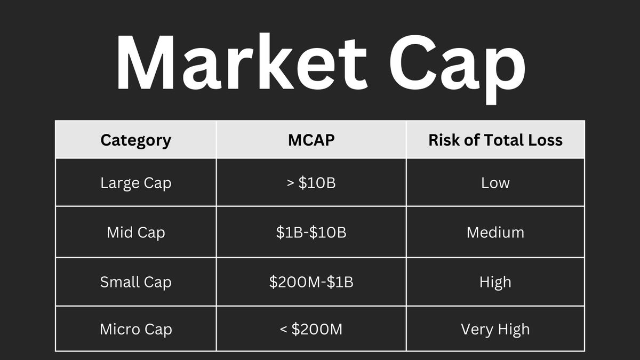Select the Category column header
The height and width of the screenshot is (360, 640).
click(x=136, y=140)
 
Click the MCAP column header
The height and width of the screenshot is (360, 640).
click(x=311, y=140)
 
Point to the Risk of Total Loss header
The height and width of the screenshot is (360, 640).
click(x=495, y=140)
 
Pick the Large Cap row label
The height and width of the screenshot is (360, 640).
click(x=136, y=183)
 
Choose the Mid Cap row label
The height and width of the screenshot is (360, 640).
click(x=136, y=233)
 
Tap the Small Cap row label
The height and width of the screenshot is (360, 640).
click(x=136, y=282)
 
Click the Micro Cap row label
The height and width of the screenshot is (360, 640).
click(x=136, y=330)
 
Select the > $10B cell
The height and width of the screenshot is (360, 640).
click(x=311, y=183)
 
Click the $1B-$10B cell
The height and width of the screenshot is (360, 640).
click(x=311, y=233)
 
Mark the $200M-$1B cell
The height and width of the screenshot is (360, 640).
click(x=311, y=282)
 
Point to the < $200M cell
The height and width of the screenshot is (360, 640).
click(x=311, y=330)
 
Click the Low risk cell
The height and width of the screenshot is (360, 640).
click(x=495, y=183)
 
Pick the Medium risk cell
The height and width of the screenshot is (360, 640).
click(x=495, y=233)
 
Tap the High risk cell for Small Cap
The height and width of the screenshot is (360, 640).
click(x=495, y=282)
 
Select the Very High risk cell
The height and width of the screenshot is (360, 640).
click(x=495, y=330)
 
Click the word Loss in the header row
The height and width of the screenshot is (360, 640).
click(x=542, y=140)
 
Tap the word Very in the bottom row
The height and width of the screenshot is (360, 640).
click(x=476, y=330)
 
